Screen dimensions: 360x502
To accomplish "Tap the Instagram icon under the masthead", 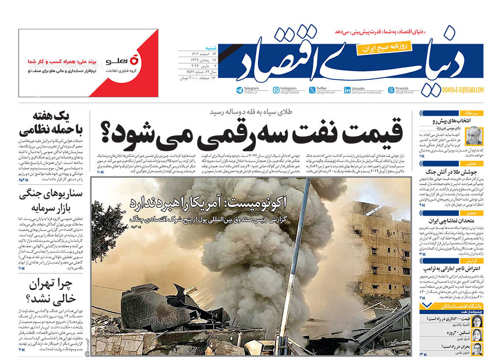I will click(276, 90).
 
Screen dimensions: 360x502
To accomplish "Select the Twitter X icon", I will click(312, 90).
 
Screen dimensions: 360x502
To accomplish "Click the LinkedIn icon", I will click(348, 90).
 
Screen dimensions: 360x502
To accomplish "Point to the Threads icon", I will click(391, 90).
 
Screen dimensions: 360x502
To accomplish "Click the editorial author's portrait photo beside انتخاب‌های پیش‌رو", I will click(474, 136).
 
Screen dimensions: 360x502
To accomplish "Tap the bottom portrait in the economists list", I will click(477, 348).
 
